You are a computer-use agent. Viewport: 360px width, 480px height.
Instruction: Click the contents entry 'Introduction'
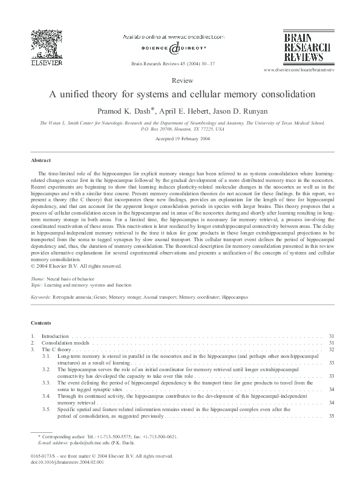[56, 336]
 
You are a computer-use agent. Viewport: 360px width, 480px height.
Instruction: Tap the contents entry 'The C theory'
[56, 349]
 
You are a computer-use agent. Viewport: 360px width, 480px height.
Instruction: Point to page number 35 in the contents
[331, 416]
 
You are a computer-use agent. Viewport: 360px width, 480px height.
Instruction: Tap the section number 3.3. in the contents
[46, 383]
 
